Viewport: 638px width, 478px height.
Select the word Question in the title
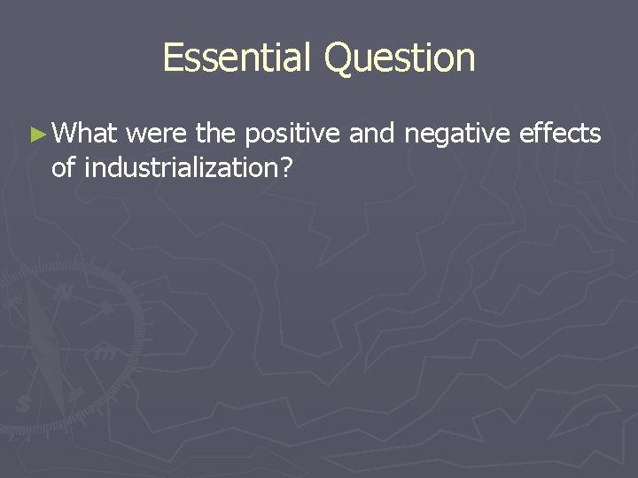pos(400,58)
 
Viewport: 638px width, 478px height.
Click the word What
pos(85,134)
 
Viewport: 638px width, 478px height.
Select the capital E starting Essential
pos(174,58)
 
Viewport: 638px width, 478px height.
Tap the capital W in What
pos(64,134)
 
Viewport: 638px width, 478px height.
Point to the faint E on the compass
pos(105,355)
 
